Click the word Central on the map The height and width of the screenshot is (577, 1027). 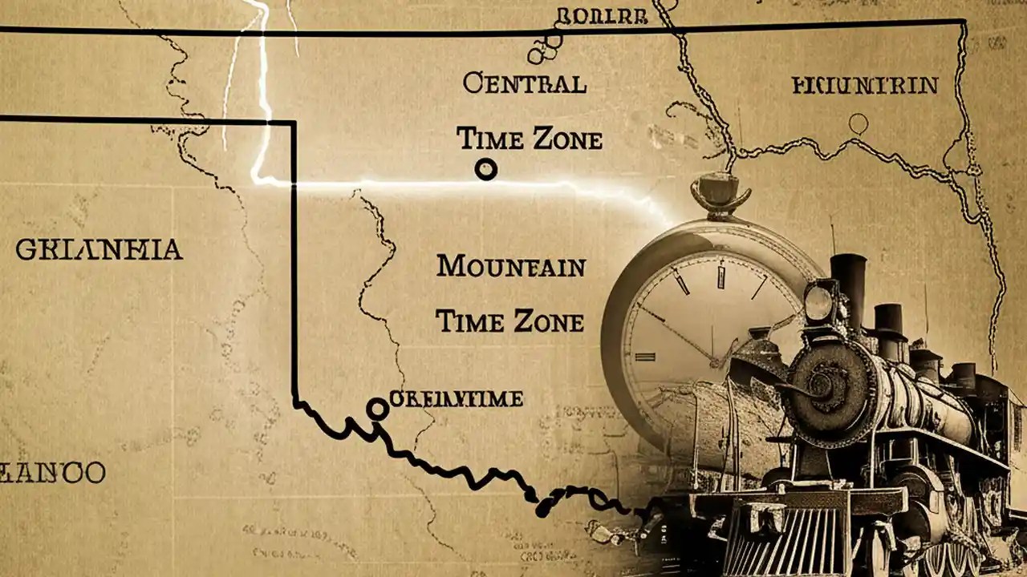(x=524, y=83)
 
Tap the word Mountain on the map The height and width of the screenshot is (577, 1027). (x=510, y=267)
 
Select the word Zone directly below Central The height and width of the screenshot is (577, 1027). (x=566, y=140)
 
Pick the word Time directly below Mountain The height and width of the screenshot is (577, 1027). (x=469, y=321)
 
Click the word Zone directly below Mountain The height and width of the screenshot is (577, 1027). (x=550, y=322)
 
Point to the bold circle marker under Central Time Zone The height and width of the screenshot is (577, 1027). (x=486, y=169)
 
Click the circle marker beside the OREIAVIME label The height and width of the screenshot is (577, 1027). (x=376, y=410)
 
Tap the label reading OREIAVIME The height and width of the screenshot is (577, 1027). (x=456, y=398)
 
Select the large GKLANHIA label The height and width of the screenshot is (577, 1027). (x=99, y=250)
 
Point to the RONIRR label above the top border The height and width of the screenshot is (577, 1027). (x=590, y=15)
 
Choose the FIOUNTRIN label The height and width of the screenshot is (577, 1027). (x=864, y=85)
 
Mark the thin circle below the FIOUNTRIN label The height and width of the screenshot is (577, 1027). (x=859, y=123)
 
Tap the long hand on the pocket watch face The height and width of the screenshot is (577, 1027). (x=677, y=333)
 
